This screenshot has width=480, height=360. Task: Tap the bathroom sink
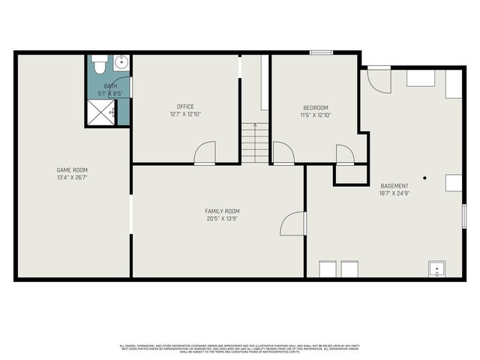(122, 62)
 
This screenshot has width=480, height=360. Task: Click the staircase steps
(255, 142)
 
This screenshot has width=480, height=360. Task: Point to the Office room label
(185, 106)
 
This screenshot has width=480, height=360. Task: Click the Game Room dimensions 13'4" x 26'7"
(73, 178)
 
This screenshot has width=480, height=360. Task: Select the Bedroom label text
(316, 107)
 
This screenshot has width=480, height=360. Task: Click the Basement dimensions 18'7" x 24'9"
(394, 193)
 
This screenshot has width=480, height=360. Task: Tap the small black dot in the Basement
(424, 178)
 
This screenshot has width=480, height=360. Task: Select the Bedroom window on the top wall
(321, 52)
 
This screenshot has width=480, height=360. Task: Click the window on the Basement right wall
(464, 214)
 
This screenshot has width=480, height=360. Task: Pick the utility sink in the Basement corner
(436, 269)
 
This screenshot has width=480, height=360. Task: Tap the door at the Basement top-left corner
(379, 79)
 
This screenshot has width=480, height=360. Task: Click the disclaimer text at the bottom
(240, 348)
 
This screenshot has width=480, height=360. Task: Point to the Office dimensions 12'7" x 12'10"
(185, 114)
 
